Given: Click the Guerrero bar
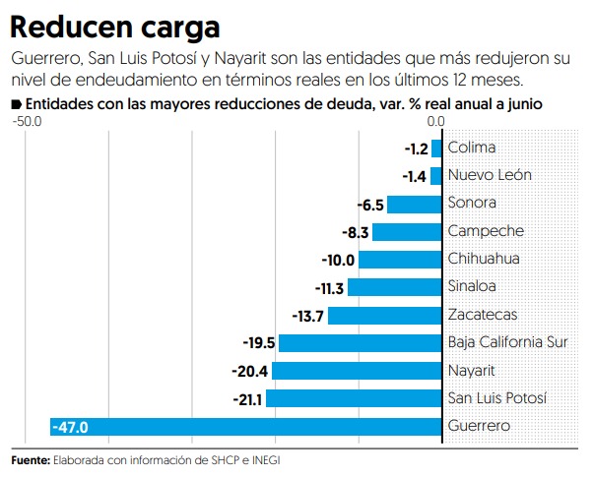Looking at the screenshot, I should coord(246,427).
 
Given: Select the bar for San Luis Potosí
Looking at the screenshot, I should coord(354,398).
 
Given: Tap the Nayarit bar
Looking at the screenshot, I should coord(357,371).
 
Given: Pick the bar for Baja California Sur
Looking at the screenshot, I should coord(360,343).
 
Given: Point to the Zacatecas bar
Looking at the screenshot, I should coord(384,316).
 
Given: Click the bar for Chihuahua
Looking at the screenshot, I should coord(399,260).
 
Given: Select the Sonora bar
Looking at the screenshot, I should coord(414,205).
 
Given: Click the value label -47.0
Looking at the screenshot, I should coord(71,427).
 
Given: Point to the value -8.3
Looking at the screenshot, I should coord(356,232).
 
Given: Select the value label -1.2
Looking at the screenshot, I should coord(417,149).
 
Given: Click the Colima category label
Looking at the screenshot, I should coord(472,149).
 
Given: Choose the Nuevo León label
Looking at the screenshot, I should coord(490,176).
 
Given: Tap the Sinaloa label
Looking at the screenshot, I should coord(472,287).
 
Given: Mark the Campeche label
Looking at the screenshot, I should coord(486,232).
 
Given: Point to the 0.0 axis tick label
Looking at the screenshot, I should coord(437,121).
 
